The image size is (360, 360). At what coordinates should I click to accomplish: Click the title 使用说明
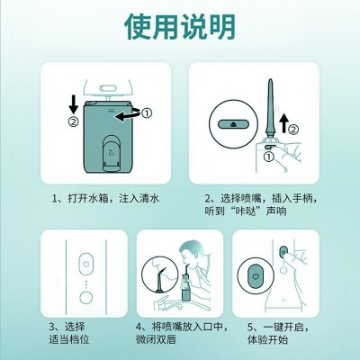pos(180,26)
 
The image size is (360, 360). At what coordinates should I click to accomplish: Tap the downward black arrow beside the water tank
pos(74,105)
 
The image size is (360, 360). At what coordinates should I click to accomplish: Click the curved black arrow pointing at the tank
pos(129,114)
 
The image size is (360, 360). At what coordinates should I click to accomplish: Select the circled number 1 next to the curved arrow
pos(147,112)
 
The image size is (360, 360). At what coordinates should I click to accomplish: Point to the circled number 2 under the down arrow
pos(74,121)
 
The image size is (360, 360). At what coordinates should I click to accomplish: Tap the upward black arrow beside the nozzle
pos(283,123)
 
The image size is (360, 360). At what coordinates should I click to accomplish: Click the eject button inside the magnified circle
pos(233,124)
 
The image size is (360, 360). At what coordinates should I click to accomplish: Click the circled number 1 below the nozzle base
pos(269,156)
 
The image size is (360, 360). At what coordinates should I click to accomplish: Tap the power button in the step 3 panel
pos(86,264)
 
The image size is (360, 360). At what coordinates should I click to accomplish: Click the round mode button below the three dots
pos(86,297)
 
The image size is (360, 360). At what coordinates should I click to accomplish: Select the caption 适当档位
pos(69,339)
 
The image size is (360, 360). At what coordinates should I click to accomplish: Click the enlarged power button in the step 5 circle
pos(256,276)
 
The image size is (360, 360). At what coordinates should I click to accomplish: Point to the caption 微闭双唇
pos(156,339)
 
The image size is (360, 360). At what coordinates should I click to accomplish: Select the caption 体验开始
pos(267,339)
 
